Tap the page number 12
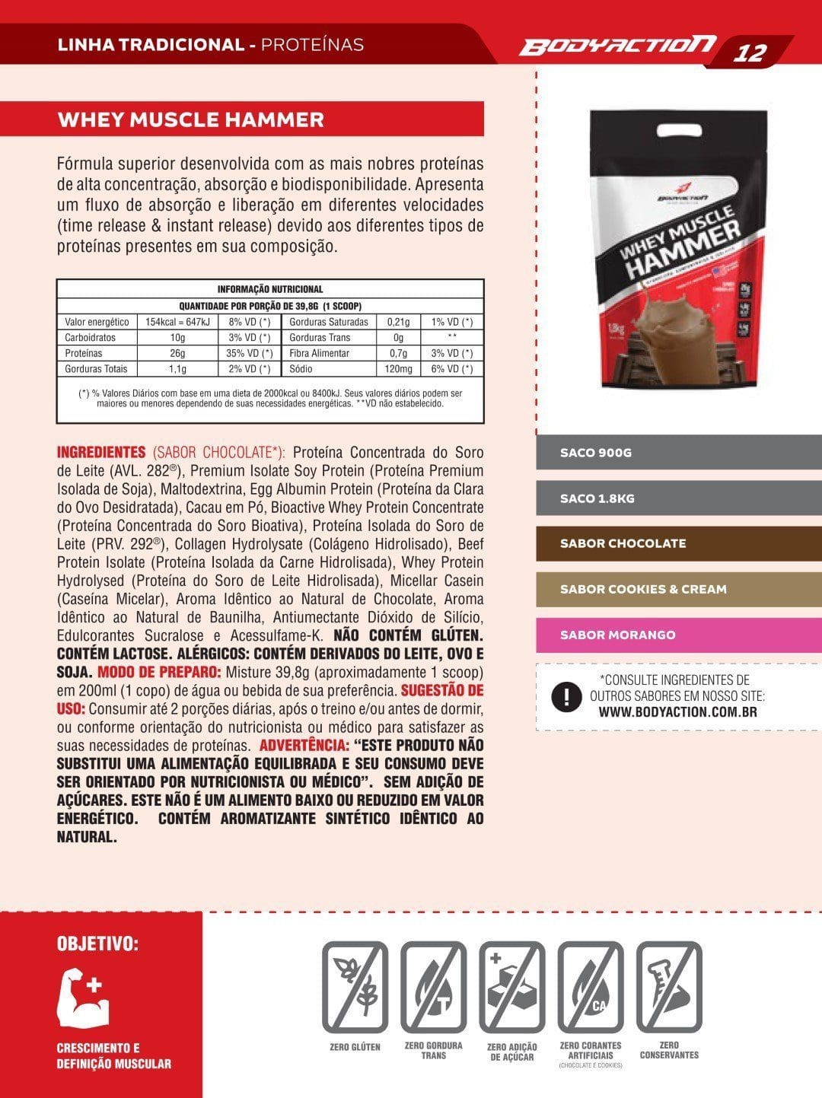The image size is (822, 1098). tap(750, 53)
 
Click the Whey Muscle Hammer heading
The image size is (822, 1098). tap(191, 119)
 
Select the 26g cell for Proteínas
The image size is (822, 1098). tap(177, 353)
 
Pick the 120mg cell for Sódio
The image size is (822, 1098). tap(398, 369)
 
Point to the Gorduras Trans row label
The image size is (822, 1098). tap(320, 337)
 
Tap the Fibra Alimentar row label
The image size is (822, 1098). tap(320, 353)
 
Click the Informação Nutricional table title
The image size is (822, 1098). tap(270, 289)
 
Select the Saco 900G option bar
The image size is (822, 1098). tap(678, 453)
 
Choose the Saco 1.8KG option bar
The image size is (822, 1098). tap(678, 498)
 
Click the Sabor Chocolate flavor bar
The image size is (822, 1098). tap(678, 544)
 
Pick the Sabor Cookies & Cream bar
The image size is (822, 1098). tap(678, 590)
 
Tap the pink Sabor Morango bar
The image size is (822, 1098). tap(678, 635)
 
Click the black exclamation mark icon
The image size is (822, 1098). tap(566, 697)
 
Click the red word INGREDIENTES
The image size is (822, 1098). tap(101, 452)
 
